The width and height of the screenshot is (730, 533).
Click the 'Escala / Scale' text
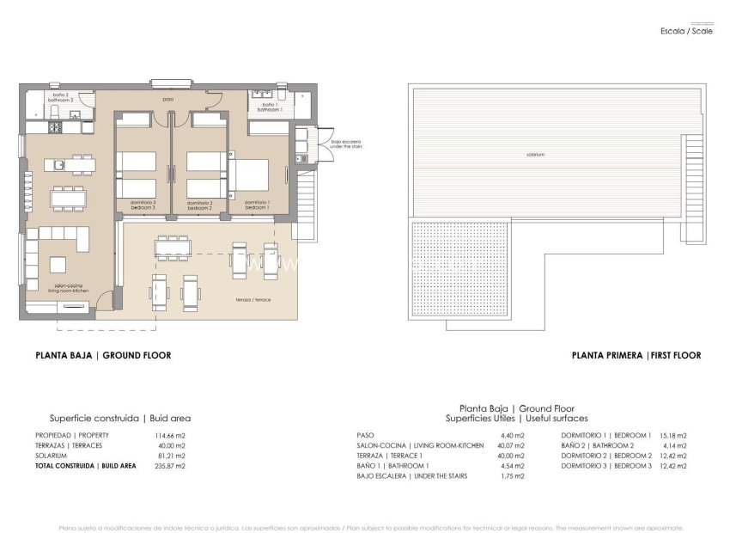pyautogui.click(x=686, y=30)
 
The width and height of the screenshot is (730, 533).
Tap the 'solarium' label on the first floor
pyautogui.click(x=536, y=155)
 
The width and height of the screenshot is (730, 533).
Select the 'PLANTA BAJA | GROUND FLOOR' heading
pyautogui.click(x=102, y=355)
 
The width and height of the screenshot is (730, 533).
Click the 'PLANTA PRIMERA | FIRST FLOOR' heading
pyautogui.click(x=636, y=355)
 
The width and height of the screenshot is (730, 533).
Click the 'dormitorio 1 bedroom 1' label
pyautogui.click(x=257, y=205)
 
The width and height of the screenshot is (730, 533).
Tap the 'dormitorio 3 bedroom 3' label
pyautogui.click(x=143, y=205)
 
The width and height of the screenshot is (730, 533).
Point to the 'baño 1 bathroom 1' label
pyautogui.click(x=270, y=108)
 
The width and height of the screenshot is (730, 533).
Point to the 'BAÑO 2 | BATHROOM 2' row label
pyautogui.click(x=598, y=445)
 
